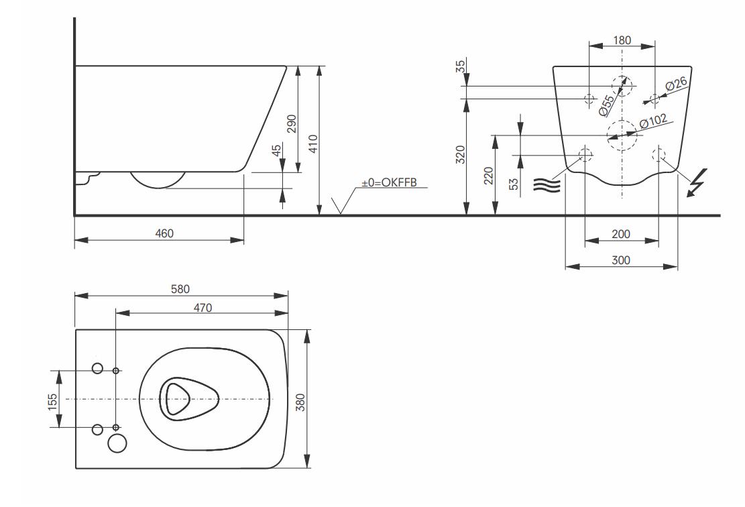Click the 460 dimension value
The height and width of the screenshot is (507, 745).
[164, 233]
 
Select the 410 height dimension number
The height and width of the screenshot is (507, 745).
[313, 144]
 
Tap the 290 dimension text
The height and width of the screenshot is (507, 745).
[292, 123]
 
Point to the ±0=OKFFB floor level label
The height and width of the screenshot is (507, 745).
[389, 182]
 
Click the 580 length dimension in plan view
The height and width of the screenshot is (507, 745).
[180, 289]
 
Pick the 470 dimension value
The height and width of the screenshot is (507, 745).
[203, 307]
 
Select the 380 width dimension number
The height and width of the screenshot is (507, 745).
[300, 402]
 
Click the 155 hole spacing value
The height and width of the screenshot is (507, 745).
[53, 402]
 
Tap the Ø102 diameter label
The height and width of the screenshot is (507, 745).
[653, 121]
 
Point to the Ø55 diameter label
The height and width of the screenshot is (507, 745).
[607, 105]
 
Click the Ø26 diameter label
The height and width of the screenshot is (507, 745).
[676, 84]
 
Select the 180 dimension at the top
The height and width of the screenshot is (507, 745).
[622, 40]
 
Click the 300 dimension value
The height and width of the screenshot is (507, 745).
[621, 260]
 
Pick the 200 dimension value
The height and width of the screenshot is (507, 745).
[621, 234]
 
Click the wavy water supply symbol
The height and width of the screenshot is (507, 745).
[547, 185]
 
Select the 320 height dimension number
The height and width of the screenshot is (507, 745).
[461, 155]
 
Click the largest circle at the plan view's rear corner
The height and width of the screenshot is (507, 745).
[117, 443]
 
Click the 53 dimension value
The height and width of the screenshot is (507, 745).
[514, 184]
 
